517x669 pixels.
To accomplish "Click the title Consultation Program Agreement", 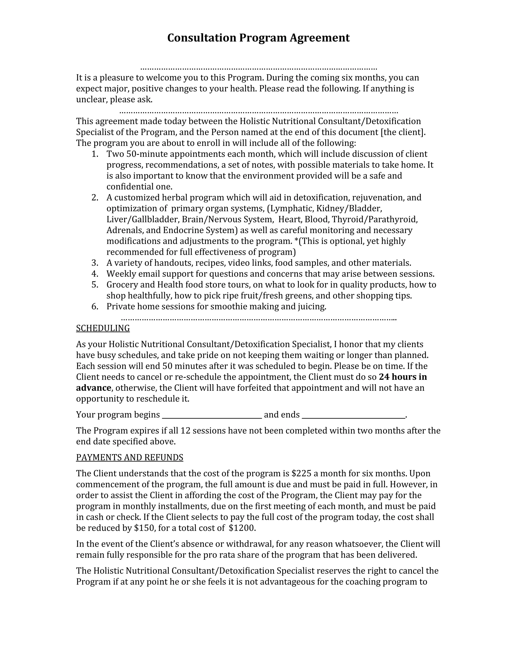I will pos(258,38).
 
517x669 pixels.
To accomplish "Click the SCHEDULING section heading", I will pos(103,328).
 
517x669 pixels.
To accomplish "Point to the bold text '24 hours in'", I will pos(403,377).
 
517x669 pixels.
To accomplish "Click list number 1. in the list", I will pos(95,154).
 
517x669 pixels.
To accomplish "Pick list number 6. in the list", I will pos(95,307).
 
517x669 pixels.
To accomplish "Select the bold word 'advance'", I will pos(93,388).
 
